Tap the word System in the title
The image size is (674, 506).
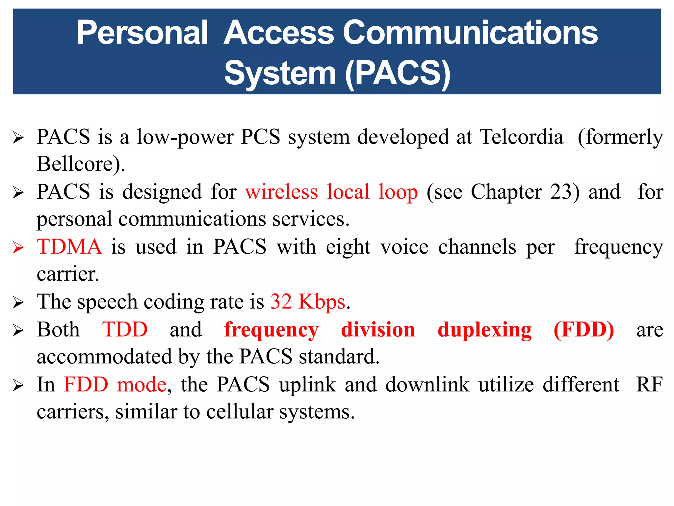[x=280, y=73]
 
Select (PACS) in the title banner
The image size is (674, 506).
[x=398, y=73]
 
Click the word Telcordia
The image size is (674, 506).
[x=521, y=137]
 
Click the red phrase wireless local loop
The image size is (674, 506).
[x=331, y=192]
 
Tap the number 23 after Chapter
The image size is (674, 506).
[x=561, y=192]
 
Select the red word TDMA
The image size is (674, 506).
[x=69, y=247]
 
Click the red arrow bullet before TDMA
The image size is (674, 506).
[x=18, y=247]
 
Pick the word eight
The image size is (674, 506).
[x=348, y=247]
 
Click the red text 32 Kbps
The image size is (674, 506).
[x=308, y=302]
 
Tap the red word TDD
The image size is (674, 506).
[x=125, y=329]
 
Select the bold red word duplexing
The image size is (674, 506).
[x=484, y=330]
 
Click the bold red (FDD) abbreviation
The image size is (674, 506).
[x=583, y=329]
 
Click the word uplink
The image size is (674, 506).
[x=307, y=384]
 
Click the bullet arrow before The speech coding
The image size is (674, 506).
[x=18, y=302]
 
